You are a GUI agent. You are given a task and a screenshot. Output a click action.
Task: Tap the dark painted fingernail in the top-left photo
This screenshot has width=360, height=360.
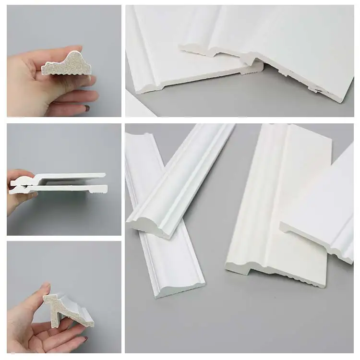(87, 108)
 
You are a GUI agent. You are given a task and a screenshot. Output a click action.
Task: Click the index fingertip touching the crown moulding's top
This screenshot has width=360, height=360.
(46, 288)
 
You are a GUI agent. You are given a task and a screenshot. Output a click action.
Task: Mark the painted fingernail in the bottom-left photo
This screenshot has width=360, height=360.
(85, 339)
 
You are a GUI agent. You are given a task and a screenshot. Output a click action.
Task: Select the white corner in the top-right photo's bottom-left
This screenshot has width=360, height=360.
(137, 108)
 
